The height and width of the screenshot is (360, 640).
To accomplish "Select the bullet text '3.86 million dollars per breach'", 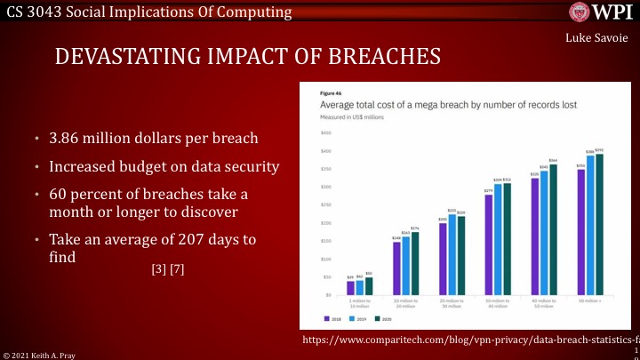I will click(152, 139).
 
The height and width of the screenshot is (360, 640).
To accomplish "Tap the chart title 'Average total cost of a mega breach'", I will click(424, 105).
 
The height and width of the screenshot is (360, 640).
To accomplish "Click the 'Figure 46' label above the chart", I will click(332, 92).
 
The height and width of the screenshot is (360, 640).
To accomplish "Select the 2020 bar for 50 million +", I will click(598, 224).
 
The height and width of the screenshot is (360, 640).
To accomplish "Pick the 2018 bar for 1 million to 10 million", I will click(350, 287).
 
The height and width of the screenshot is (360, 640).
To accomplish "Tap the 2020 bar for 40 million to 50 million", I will click(553, 229).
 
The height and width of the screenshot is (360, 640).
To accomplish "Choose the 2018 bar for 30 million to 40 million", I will click(488, 244).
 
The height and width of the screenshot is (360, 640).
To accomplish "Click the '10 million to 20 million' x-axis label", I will click(406, 303).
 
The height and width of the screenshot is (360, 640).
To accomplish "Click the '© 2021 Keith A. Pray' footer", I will click(39, 354).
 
